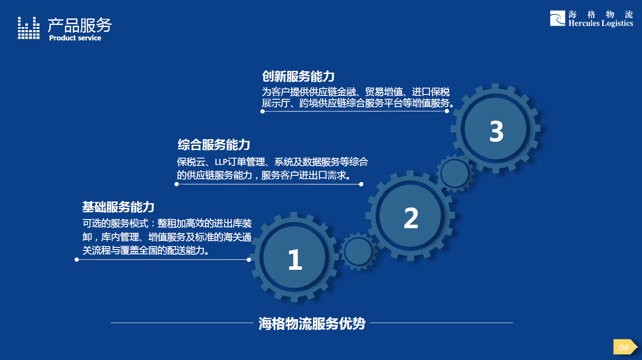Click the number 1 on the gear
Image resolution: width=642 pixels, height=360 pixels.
tap(295, 259)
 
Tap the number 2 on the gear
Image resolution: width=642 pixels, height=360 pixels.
tap(411, 218)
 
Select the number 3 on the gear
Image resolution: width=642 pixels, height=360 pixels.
tap(496, 131)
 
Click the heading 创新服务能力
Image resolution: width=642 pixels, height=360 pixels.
tap(298, 76)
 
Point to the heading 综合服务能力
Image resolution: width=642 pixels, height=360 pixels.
tap(214, 145)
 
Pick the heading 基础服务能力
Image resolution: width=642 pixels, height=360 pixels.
tap(118, 207)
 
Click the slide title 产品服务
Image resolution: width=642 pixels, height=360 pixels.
tap(79, 25)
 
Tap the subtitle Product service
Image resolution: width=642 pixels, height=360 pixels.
tap(75, 38)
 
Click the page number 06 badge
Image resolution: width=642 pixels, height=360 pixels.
tap(624, 347)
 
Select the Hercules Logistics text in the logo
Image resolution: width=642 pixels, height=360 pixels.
tap(600, 23)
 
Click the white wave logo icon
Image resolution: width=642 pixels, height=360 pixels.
tap(557, 18)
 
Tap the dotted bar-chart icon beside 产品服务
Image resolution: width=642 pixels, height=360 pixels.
tap(29, 28)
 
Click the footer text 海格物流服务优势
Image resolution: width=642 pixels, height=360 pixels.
tap(312, 323)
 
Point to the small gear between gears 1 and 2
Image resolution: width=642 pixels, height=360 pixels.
tap(358, 251)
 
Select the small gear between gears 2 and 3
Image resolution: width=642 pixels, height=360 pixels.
tap(455, 174)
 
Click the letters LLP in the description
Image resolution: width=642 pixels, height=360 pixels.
tap(221, 162)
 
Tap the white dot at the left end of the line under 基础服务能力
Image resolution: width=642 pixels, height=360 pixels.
tap(77, 259)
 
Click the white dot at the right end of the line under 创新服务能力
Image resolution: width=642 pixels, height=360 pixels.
tap(447, 111)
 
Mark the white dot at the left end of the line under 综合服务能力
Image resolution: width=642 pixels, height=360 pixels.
tap(176, 184)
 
